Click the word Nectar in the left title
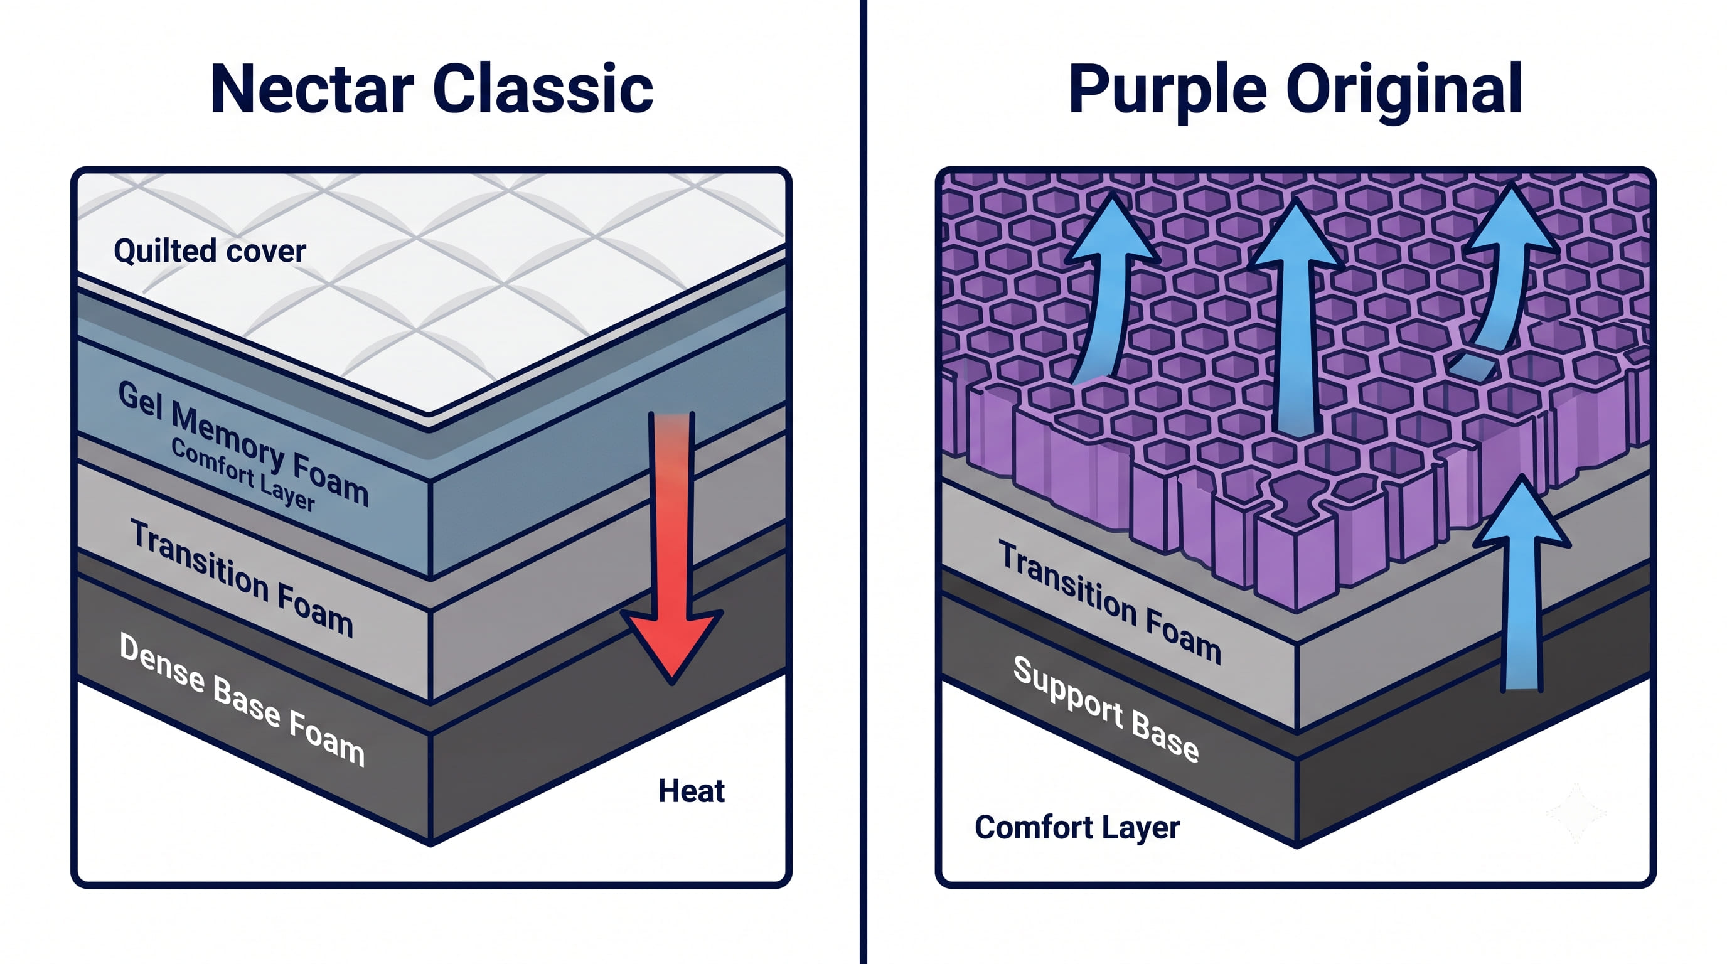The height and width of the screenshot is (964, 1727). coord(312,89)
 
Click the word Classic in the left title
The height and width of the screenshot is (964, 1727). coord(543,88)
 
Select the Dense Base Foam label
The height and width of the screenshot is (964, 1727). coord(242,699)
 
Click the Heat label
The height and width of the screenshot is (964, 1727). coord(691,791)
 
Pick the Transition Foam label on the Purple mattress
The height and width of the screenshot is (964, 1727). coord(1110,602)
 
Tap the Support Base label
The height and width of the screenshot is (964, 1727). coord(1106,709)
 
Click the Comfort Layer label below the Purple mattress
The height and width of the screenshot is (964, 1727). coord(1077,828)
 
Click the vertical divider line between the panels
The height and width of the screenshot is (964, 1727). coord(863,482)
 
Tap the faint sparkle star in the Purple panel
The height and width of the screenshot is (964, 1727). coord(1576,813)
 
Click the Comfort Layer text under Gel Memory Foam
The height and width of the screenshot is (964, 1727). coord(243,474)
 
